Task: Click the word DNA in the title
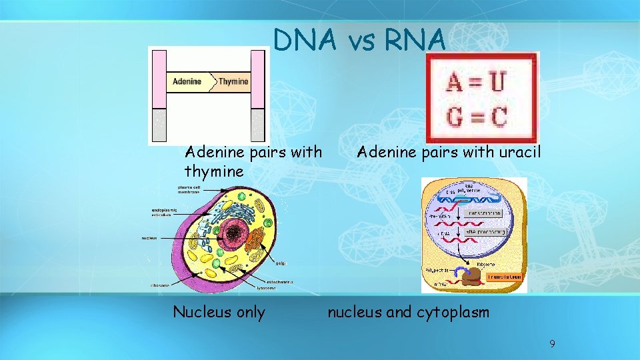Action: click(306, 41)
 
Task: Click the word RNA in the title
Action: click(415, 41)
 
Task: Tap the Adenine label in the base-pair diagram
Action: click(187, 82)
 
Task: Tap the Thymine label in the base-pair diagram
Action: click(233, 82)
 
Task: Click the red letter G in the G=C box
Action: click(457, 117)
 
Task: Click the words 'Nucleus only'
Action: click(219, 312)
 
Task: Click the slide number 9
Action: click(552, 344)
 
